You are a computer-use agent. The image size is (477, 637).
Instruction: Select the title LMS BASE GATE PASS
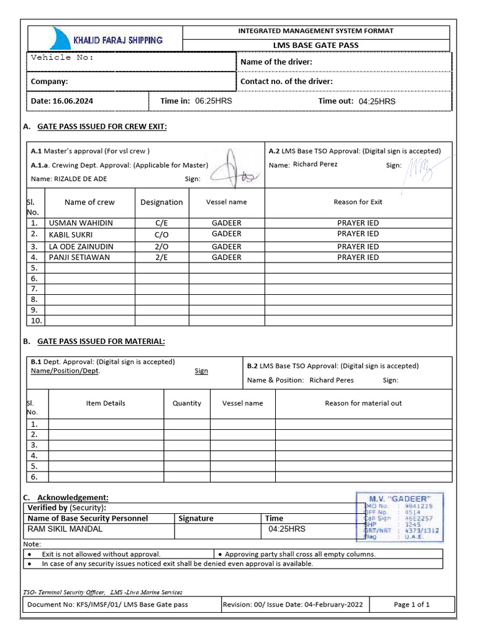click(316, 45)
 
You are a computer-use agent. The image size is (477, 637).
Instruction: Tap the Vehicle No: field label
click(62, 57)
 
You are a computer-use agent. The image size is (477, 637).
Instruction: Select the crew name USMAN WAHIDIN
click(81, 223)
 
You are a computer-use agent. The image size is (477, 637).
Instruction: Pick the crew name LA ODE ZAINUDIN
click(81, 246)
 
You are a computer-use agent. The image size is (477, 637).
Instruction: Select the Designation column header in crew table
click(161, 202)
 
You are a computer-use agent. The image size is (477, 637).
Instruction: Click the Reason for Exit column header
click(358, 202)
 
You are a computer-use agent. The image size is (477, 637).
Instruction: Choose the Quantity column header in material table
click(187, 403)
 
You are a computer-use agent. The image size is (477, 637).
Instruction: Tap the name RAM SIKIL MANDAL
click(65, 529)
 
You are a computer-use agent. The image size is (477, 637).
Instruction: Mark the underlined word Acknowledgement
click(73, 498)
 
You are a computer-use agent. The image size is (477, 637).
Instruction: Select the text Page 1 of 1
click(411, 604)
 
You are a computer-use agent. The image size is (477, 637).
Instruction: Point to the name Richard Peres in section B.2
click(331, 380)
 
